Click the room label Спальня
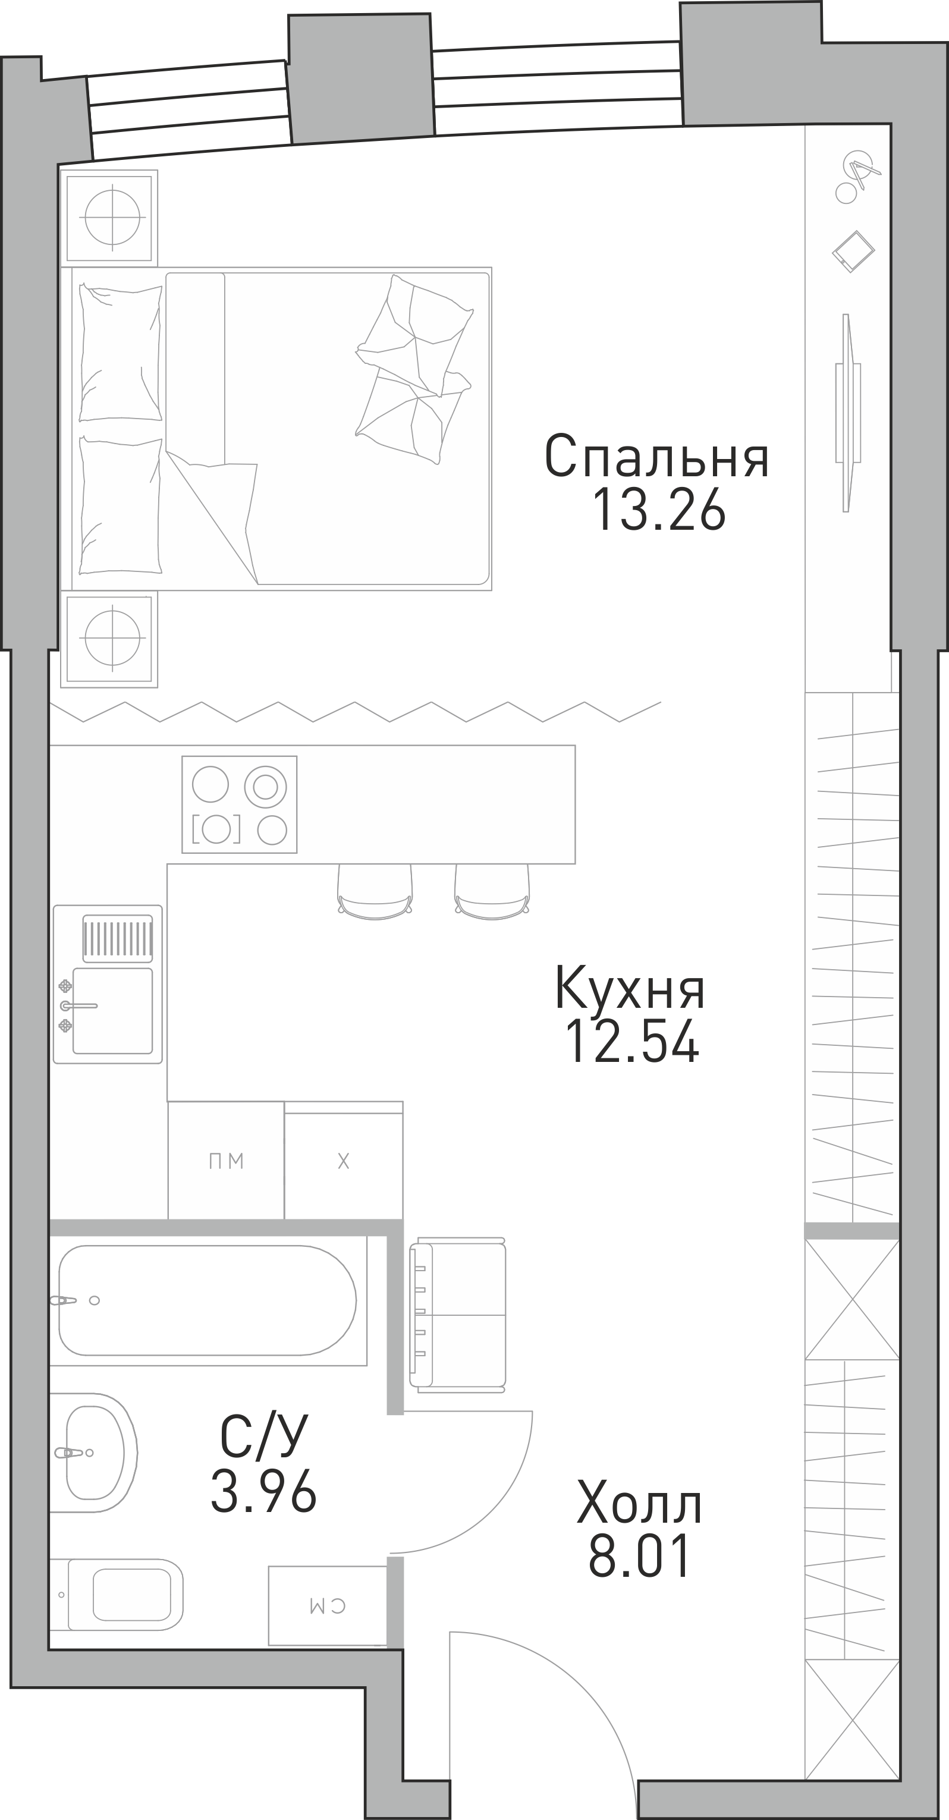tap(656, 457)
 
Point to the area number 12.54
tap(631, 1041)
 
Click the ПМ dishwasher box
tap(226, 1160)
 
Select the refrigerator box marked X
tap(344, 1160)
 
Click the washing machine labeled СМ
tap(327, 1606)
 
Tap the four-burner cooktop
tap(240, 804)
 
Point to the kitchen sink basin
tap(112, 1011)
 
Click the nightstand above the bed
tap(109, 218)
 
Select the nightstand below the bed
tap(109, 639)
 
